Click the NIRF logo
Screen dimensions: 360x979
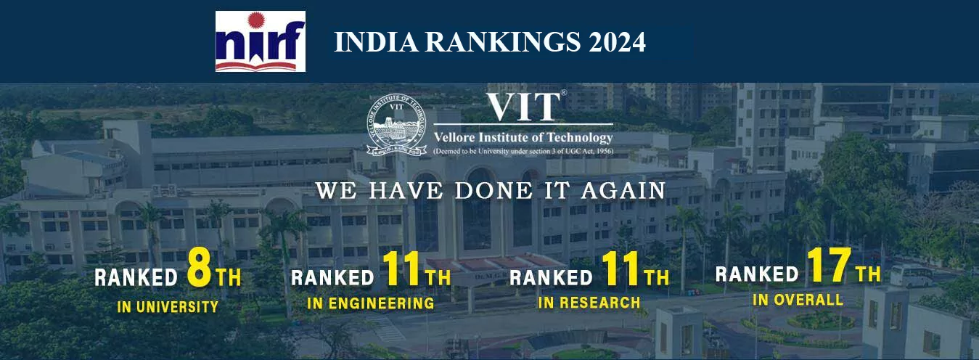coord(260,41)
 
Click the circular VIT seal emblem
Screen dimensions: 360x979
coord(396,128)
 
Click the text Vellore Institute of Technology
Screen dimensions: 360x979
coord(523,137)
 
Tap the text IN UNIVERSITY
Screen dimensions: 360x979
coord(168,307)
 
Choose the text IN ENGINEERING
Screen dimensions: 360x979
coord(370,303)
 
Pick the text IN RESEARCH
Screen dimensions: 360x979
coord(589,302)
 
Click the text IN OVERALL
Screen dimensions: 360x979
coord(798,299)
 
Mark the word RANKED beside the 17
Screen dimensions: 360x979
coord(757,274)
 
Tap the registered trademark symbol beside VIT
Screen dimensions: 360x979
coord(563,93)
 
